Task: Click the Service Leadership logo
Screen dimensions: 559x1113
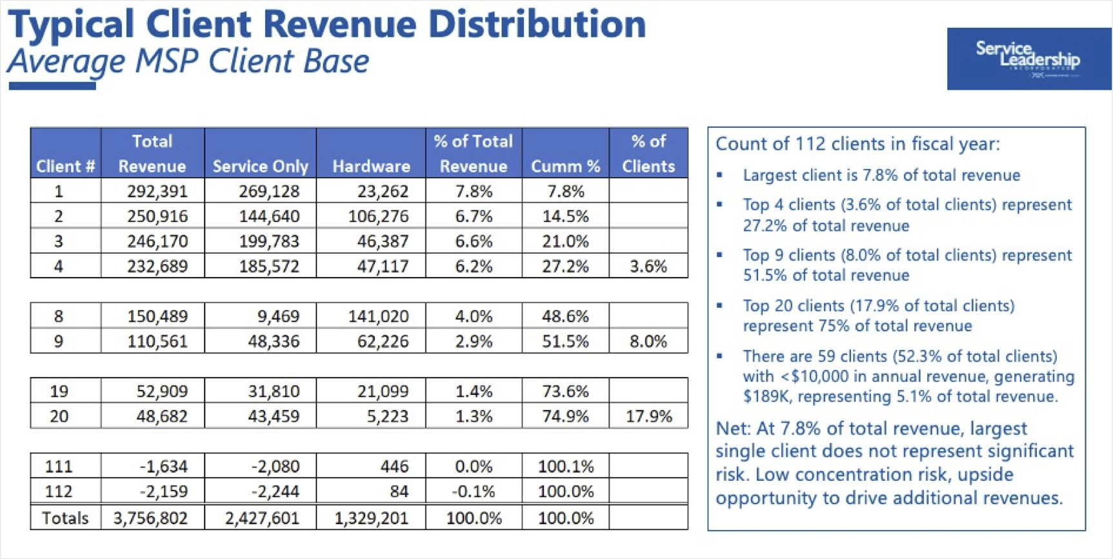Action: coord(1028,59)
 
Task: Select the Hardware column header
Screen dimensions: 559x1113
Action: coord(371,166)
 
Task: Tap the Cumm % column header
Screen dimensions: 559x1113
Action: coord(565,166)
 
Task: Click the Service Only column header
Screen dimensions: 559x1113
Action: coord(260,166)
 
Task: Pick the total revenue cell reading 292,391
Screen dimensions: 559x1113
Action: coord(157,191)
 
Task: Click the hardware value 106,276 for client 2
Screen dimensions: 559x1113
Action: coord(378,216)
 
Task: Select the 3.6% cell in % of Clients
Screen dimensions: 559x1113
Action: coord(648,266)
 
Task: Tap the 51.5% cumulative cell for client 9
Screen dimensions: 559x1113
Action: coord(565,341)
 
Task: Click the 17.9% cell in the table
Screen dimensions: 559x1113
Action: coord(648,416)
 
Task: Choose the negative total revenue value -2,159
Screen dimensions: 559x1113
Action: coord(164,491)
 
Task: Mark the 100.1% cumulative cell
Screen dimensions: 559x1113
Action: coord(565,466)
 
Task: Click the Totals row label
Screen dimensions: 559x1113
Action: coord(65,518)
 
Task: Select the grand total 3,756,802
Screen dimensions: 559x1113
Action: coord(150,518)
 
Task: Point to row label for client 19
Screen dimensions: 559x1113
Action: coord(59,391)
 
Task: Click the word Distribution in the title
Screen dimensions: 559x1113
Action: coord(537,25)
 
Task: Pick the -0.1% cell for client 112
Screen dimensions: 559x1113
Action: coord(474,491)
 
